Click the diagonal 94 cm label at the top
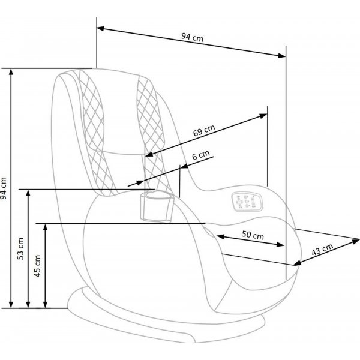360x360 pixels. pos(193,37)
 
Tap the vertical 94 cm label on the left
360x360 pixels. pos(4,188)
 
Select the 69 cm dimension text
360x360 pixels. pos(204,131)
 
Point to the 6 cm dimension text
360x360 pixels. pos(201,155)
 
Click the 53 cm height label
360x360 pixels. pos(20,248)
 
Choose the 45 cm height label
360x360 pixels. pos(37,266)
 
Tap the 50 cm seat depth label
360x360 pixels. pos(253,235)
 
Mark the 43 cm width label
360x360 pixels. pos(322,250)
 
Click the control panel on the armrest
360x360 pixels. pos(247,202)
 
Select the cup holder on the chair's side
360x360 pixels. pos(157,206)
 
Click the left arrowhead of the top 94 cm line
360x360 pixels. pos(100,28)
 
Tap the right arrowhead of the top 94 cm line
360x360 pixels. pos(282,56)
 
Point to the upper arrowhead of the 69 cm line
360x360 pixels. pos(263,115)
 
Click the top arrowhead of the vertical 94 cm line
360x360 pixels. pos(11,72)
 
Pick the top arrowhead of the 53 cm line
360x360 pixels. pos(28,193)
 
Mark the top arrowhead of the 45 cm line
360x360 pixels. pos(45,227)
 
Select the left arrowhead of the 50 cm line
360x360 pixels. pos(220,236)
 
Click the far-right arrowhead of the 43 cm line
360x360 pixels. pos(355,241)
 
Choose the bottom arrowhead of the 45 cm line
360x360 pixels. pos(45,304)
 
